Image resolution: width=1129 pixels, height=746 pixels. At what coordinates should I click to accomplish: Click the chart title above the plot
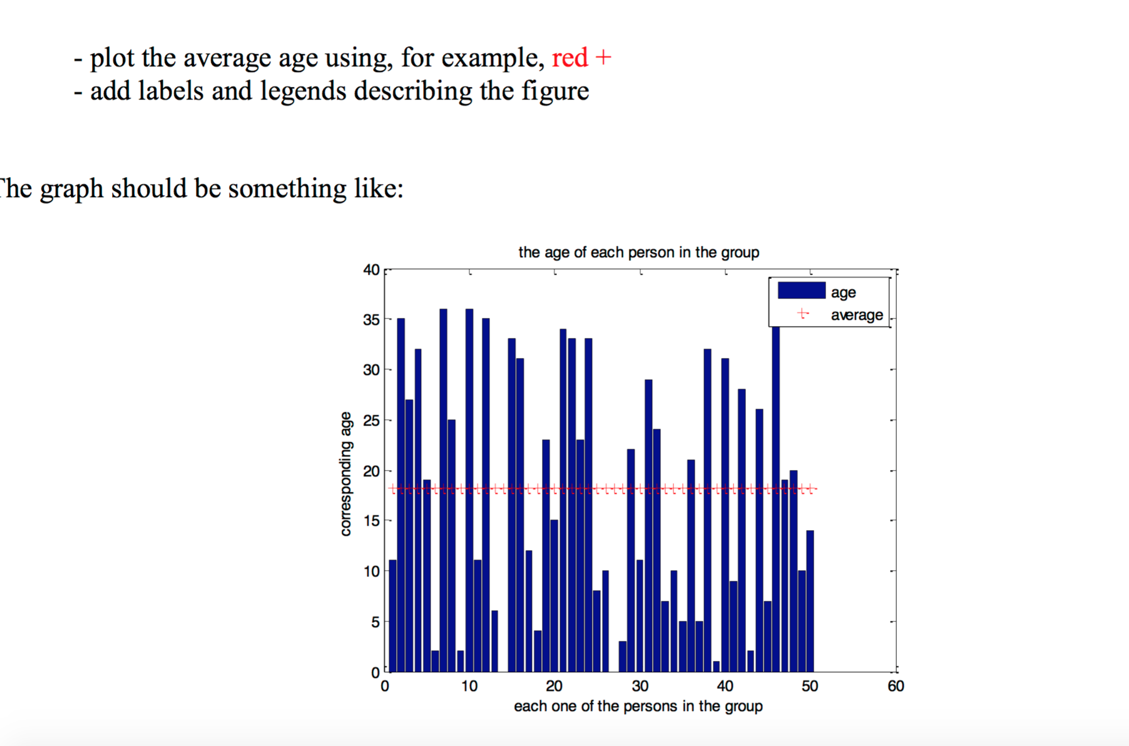(638, 252)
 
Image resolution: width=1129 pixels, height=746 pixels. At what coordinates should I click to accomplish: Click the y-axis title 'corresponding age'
(345, 474)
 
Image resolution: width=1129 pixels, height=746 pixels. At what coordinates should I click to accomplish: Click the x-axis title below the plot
(638, 706)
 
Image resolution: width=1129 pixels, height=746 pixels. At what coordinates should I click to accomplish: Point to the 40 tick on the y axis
(371, 270)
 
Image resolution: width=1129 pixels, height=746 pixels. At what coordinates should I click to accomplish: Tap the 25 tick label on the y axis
(371, 421)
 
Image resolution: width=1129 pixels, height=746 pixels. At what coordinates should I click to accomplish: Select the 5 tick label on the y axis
(375, 622)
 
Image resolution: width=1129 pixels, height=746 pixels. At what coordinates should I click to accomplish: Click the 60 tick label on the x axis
(896, 687)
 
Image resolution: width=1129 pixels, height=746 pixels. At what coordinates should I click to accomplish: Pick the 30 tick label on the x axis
(640, 687)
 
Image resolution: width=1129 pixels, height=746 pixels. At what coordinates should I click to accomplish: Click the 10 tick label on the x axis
(469, 687)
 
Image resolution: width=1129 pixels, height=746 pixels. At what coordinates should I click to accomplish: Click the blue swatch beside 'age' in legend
(801, 291)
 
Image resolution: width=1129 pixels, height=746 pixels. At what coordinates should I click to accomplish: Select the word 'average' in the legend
(856, 315)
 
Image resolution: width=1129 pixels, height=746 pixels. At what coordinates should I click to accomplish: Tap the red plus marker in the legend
(803, 314)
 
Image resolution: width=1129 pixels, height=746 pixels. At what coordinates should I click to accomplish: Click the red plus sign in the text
(603, 58)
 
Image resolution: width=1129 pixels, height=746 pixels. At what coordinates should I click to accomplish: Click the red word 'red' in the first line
(570, 58)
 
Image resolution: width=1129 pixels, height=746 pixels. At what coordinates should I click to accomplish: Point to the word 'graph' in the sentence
(71, 189)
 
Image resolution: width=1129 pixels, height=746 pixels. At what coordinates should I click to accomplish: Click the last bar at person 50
(810, 601)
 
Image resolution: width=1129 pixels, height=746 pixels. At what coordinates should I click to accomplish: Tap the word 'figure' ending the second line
(555, 91)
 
